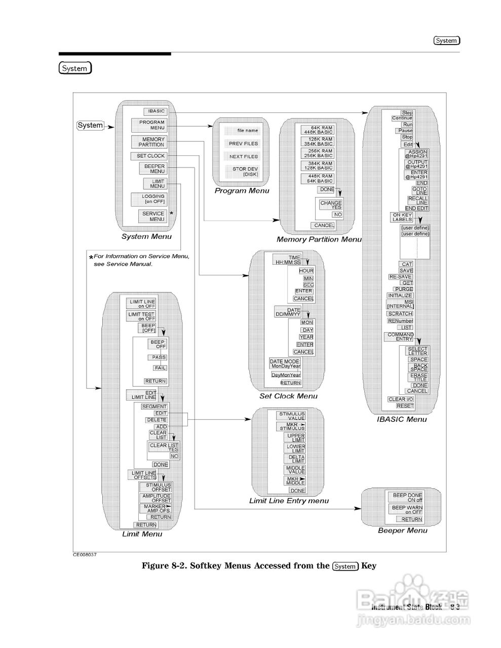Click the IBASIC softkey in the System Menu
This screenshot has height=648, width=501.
pyautogui.click(x=155, y=111)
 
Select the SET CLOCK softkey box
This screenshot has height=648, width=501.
pyautogui.click(x=150, y=156)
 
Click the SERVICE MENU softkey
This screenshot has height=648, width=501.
pyautogui.click(x=152, y=216)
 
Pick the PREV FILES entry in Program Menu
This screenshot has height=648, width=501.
pyautogui.click(x=243, y=144)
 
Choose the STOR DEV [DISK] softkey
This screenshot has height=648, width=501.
pyautogui.click(x=245, y=172)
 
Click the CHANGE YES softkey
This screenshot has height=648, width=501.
pyautogui.click(x=330, y=205)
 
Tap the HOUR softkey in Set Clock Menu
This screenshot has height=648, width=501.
pyautogui.click(x=305, y=271)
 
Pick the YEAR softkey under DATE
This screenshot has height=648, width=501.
pyautogui.click(x=306, y=337)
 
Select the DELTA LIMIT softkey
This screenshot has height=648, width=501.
pyautogui.click(x=294, y=459)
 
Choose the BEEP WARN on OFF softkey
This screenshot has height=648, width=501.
pyautogui.click(x=407, y=509)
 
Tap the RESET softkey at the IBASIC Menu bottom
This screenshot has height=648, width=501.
pyautogui.click(x=405, y=406)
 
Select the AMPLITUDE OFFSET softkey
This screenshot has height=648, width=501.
pyautogui.click(x=156, y=498)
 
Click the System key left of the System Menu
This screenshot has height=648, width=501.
pyautogui.click(x=90, y=126)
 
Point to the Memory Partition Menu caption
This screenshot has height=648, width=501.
pyautogui.click(x=319, y=239)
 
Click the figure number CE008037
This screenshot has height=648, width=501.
pyautogui.click(x=85, y=555)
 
